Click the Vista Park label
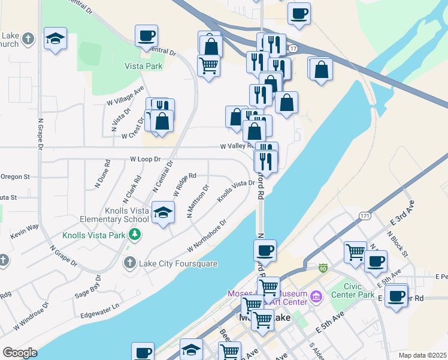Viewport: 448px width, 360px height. (x=143, y=66)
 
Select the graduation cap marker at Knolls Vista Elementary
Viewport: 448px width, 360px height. (x=162, y=213)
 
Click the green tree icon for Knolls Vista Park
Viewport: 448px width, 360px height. (x=135, y=233)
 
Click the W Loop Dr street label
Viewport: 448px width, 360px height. (x=146, y=160)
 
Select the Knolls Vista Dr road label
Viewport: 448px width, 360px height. (x=236, y=191)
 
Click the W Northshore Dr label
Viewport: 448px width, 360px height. (x=207, y=235)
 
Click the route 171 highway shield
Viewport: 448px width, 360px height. (x=364, y=215)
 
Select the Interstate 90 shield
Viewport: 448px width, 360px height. (x=323, y=267)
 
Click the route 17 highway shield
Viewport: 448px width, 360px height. (x=292, y=47)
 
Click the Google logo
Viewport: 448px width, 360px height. (x=20, y=353)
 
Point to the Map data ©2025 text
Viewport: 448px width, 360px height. (x=422, y=355)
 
